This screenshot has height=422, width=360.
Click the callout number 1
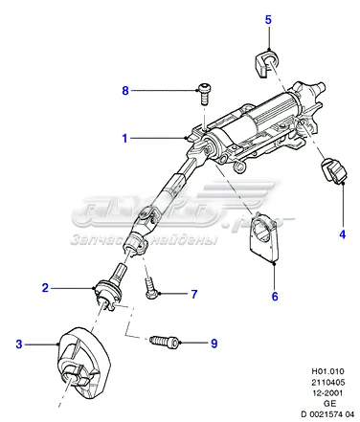point(124,138)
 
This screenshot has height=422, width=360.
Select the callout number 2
point(45,287)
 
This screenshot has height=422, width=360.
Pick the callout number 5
point(269,19)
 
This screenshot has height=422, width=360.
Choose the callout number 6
point(274,296)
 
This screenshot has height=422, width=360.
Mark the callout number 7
point(192,294)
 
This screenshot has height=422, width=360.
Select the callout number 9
point(214,342)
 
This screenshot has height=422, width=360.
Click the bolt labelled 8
point(205,92)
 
